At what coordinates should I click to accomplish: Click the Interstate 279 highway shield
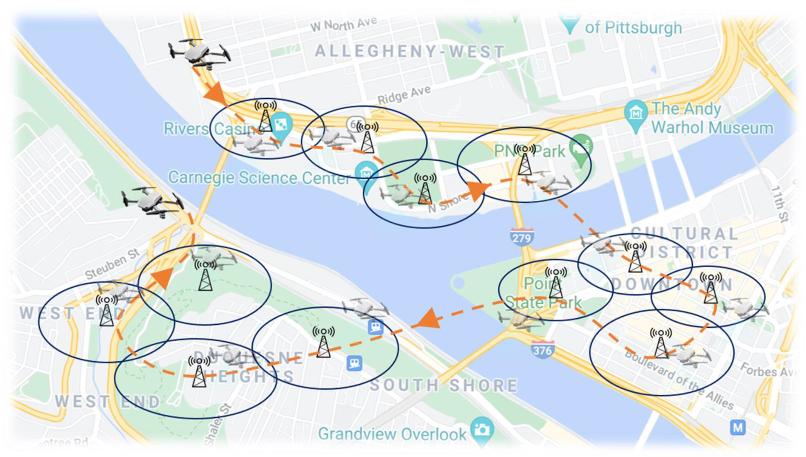coord(522,237)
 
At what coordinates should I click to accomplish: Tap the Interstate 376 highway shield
coord(542,349)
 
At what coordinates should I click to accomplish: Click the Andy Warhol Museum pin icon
coord(636,113)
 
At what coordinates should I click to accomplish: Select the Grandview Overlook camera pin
coord(482,429)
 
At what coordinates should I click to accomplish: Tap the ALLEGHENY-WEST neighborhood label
coord(410,51)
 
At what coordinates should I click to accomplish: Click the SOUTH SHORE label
coord(443,386)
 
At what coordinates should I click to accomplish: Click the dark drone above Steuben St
coord(152,201)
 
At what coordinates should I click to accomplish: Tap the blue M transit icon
coord(738,428)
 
